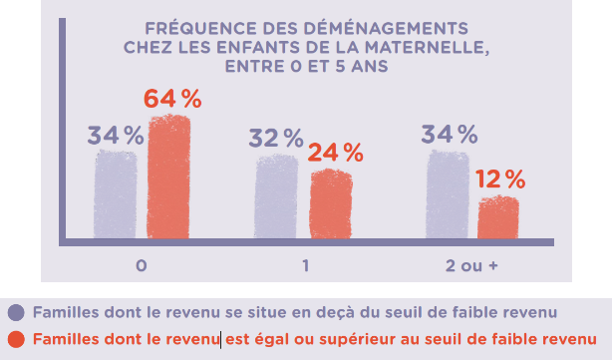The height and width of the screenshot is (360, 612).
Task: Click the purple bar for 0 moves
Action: (x=116, y=193)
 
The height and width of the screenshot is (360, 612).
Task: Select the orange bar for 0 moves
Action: (x=168, y=178)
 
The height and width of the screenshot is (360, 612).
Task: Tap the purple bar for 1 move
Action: (x=277, y=196)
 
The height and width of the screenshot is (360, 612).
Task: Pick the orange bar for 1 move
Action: (x=330, y=204)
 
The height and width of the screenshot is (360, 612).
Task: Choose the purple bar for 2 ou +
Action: (x=448, y=194)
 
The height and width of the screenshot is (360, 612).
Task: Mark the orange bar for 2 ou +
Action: (x=498, y=217)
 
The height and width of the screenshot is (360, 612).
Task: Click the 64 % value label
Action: (x=172, y=99)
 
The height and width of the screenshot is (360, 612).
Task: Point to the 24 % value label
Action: (x=335, y=153)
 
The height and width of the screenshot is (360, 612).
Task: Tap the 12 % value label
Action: (x=500, y=180)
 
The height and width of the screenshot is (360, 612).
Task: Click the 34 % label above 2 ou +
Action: (x=449, y=134)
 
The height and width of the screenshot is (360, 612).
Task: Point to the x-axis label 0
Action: (x=143, y=265)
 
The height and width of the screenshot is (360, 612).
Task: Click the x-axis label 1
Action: (x=305, y=265)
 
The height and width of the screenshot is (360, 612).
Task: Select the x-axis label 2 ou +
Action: (x=471, y=265)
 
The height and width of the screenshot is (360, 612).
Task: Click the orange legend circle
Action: (x=15, y=339)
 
